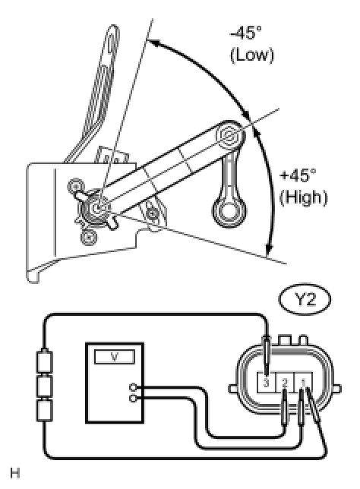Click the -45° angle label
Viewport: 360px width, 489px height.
click(245, 33)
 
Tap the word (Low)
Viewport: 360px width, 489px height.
click(252, 55)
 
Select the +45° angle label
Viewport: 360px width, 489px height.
click(298, 175)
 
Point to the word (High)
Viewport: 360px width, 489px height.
click(303, 197)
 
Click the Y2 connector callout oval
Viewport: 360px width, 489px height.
click(305, 300)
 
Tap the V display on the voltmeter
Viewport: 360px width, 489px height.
click(115, 357)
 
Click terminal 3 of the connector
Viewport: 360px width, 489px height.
click(266, 383)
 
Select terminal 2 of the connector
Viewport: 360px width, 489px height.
click(285, 383)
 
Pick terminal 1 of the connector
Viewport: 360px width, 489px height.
click(303, 383)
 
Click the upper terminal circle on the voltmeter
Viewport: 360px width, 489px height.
click(133, 388)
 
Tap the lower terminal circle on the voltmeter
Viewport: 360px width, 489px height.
click(133, 399)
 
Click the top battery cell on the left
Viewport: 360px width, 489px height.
click(45, 361)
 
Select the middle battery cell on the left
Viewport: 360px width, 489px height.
click(45, 386)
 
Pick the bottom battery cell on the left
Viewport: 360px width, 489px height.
click(45, 411)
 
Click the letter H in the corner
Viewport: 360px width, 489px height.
click(15, 473)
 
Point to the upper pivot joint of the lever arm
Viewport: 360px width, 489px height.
click(231, 135)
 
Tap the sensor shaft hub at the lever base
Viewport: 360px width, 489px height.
click(97, 207)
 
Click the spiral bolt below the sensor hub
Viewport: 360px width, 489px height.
click(88, 238)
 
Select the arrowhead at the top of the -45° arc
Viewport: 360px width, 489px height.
click(153, 42)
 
